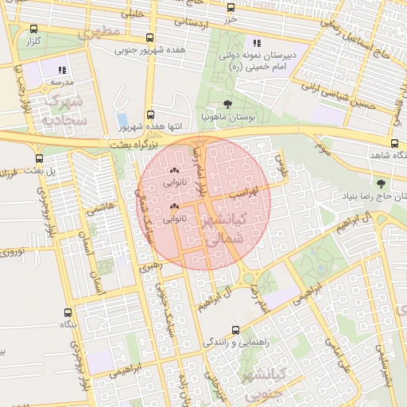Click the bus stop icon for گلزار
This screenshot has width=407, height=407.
33,29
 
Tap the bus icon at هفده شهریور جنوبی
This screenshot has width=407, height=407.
151,38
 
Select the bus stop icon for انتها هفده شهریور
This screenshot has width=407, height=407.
151,114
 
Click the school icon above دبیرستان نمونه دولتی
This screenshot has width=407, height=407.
256,43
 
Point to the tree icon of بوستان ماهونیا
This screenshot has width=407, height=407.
228,104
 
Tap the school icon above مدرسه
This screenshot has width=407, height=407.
62,70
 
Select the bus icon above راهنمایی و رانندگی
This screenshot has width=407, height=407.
235,329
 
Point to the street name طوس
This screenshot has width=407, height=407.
279,165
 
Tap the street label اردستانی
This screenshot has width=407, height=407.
186,21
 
